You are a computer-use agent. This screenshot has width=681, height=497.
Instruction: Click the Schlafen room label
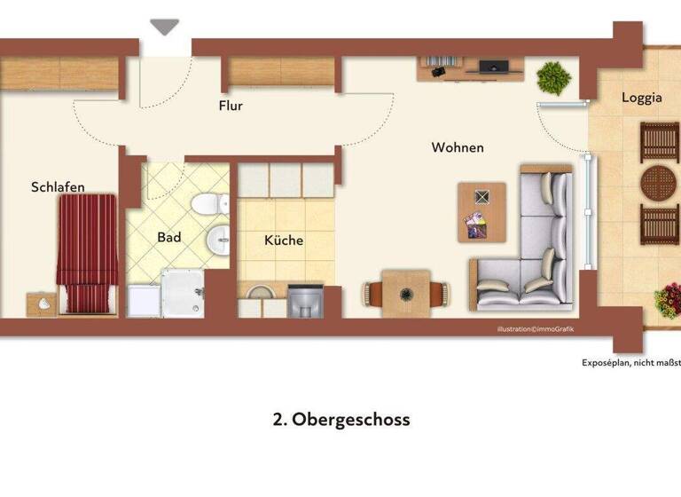pos(58,186)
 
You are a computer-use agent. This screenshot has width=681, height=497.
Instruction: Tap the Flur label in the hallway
pos(231,106)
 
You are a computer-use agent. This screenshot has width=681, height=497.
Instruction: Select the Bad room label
pos(169,237)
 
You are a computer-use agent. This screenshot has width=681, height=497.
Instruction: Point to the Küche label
pos(284,240)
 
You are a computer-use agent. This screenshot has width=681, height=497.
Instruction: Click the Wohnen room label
pos(458,147)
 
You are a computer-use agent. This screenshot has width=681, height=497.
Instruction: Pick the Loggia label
pos(641,98)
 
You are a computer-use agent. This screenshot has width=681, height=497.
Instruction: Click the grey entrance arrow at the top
pos(164,28)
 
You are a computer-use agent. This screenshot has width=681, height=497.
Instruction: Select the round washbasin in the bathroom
pos(218,239)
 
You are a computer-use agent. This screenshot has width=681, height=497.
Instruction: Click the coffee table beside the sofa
pos(481,211)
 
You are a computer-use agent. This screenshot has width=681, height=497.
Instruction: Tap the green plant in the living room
pos(554,78)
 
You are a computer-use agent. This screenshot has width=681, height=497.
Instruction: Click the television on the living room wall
pos(493,66)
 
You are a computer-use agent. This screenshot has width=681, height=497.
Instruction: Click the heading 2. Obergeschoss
pos(341,419)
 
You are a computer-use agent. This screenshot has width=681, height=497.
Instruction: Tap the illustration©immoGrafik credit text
pos(536,329)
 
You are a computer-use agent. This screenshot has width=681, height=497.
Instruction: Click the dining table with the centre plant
pos(407,292)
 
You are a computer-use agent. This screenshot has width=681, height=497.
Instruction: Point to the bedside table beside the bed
pos(42,303)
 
